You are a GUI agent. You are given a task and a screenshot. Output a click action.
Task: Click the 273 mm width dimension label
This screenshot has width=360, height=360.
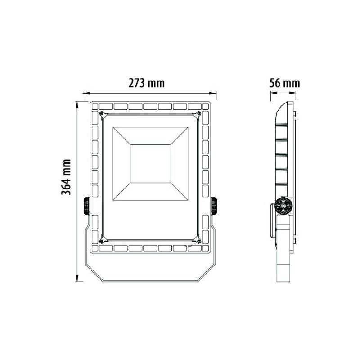click(147, 83)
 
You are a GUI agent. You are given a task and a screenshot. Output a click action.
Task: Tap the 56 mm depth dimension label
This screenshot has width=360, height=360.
click(284, 83)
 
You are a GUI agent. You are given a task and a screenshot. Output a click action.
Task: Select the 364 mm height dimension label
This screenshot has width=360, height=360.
click(67, 177)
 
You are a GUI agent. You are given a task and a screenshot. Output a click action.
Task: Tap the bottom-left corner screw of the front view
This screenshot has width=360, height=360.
click(102, 241)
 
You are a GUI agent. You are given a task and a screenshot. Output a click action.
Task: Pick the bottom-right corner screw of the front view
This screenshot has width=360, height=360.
click(198, 241)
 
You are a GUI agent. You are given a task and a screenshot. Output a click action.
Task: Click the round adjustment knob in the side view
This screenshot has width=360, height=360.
click(283, 206)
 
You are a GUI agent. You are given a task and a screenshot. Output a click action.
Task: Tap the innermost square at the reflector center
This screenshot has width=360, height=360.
click(150, 163)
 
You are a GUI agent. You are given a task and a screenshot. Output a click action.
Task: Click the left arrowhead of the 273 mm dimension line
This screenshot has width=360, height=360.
click(84, 95)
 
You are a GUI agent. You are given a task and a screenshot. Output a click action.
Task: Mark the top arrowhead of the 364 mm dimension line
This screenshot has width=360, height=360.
click(78, 103)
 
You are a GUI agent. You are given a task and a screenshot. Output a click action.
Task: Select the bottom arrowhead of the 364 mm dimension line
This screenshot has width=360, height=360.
click(78, 279)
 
